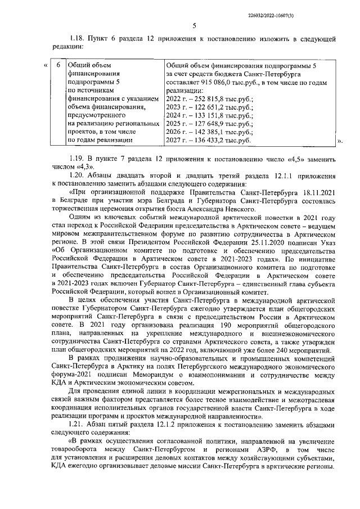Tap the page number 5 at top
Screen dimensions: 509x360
(x=193, y=25)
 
